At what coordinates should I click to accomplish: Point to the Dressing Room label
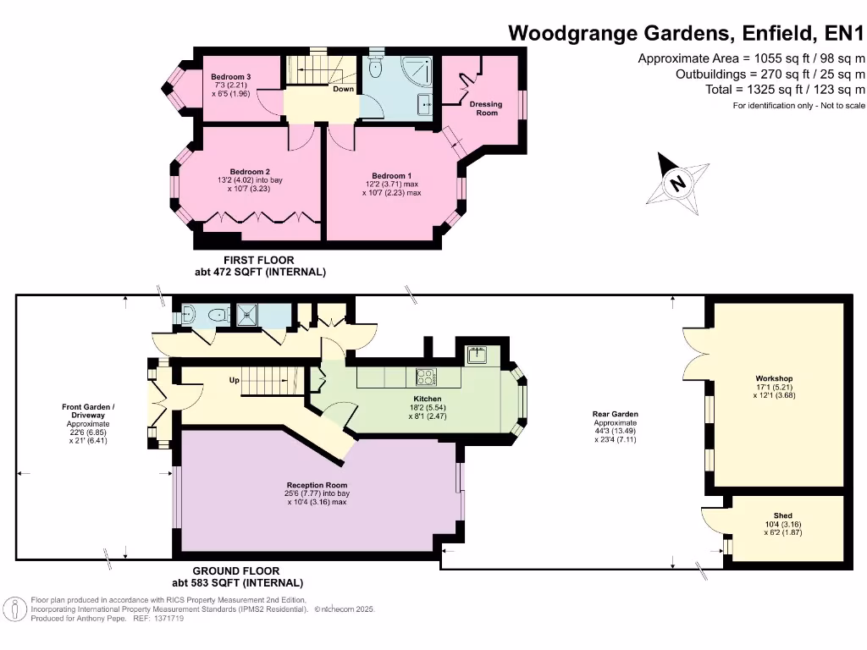click(x=486, y=108)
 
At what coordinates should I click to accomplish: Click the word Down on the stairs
click(x=343, y=89)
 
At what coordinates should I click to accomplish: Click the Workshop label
click(x=773, y=378)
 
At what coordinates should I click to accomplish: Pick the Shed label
click(x=782, y=515)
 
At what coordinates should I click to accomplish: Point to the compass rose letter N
click(x=676, y=183)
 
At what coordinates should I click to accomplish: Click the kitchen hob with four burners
click(x=425, y=376)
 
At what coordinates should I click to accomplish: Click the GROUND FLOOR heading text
click(x=236, y=571)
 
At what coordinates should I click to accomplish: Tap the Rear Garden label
click(x=616, y=415)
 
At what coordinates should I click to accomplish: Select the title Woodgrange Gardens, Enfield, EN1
click(x=685, y=33)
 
